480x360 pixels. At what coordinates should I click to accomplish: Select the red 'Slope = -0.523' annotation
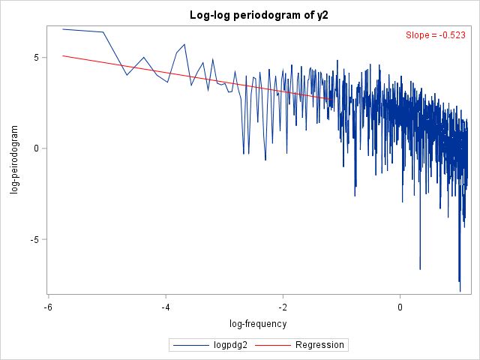tap(436, 35)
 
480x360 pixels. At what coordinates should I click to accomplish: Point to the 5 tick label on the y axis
tap(36, 57)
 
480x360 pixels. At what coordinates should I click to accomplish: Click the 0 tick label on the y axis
tap(36, 148)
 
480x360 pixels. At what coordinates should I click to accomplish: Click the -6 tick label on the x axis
tap(48, 307)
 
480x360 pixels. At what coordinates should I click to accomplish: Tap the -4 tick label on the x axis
tap(166, 307)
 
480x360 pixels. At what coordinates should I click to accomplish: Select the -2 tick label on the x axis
tap(283, 307)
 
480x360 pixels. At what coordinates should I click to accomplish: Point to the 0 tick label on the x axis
tap(400, 307)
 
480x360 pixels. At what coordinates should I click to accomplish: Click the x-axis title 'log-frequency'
tap(259, 324)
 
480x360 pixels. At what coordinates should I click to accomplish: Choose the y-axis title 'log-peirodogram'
tap(15, 159)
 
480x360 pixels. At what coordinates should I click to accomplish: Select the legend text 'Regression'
tap(319, 345)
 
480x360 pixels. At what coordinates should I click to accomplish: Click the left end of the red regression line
tap(63, 55)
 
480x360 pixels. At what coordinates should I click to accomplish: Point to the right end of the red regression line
tap(334, 99)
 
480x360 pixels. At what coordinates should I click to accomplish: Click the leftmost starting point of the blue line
tap(63, 29)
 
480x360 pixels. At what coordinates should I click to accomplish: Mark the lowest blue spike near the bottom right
tap(460, 290)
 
